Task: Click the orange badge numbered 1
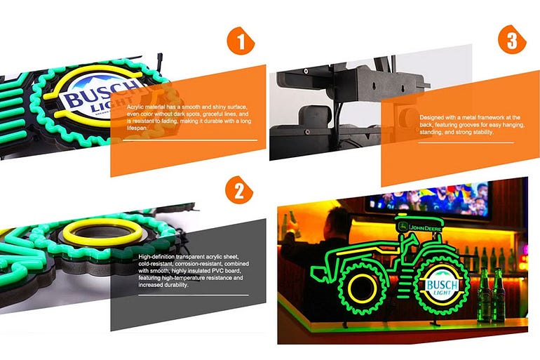pyautogui.click(x=241, y=41)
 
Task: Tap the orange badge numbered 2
pyautogui.click(x=239, y=189)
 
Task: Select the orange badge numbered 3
pyautogui.click(x=512, y=39)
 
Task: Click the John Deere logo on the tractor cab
pyautogui.click(x=420, y=227)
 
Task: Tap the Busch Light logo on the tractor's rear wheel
pyautogui.click(x=443, y=286)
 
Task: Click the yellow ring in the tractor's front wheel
pyautogui.click(x=363, y=286)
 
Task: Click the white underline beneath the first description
pyautogui.click(x=190, y=140)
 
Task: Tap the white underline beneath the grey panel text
pyautogui.click(x=194, y=295)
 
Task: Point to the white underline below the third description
pyautogui.click(x=466, y=142)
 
